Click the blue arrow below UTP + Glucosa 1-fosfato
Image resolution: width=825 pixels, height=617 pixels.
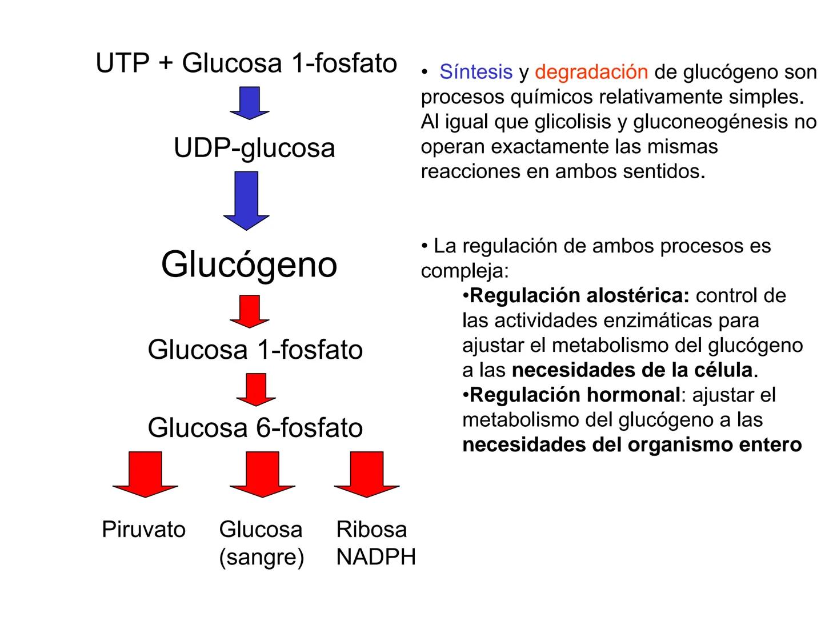pos(249,103)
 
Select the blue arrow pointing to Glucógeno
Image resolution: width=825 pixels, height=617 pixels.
pos(246,201)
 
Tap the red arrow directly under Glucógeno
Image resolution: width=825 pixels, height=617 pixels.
pos(249,311)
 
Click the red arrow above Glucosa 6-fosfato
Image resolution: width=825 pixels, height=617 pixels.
pos(255,390)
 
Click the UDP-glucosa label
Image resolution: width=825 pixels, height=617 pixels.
pos(254,148)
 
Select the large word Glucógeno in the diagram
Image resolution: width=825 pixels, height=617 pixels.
pos(249,265)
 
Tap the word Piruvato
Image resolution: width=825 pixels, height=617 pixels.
pos(143,530)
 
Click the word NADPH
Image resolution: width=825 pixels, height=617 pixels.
pos(376,557)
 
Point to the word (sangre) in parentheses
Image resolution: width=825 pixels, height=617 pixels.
pos(261,557)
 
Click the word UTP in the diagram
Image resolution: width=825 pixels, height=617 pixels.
pos(122,63)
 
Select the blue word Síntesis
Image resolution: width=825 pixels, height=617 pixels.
pos(475,72)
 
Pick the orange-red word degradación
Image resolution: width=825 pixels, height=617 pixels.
pos(591,72)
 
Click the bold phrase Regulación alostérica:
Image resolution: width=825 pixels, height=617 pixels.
pos(579,296)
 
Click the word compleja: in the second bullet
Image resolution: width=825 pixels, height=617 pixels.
pos(464,271)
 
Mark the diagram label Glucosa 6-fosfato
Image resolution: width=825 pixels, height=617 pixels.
pos(255,428)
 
